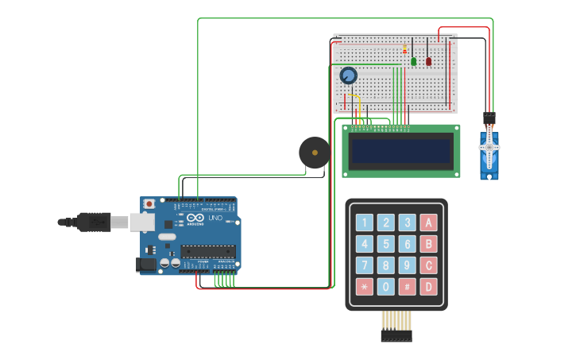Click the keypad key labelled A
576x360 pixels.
tap(428, 223)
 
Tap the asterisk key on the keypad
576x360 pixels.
tap(364, 287)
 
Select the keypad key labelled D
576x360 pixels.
tap(428, 287)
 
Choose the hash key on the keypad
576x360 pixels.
tap(407, 287)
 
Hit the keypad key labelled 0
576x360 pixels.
tap(385, 287)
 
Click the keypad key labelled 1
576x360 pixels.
tap(364, 223)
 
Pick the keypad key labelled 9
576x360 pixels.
tap(407, 265)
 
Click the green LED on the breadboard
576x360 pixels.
tap(413, 60)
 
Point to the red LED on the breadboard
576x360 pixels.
tap(428, 60)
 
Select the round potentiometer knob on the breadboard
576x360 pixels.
tap(348, 75)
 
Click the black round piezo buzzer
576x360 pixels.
tap(315, 153)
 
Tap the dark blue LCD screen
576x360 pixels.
tap(401, 151)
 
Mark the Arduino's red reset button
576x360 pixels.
tap(149, 204)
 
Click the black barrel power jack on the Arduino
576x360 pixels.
tap(146, 264)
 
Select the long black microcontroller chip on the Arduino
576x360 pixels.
tap(207, 251)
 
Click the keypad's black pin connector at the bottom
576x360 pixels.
tap(396, 335)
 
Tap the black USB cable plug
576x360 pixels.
tap(94, 222)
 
